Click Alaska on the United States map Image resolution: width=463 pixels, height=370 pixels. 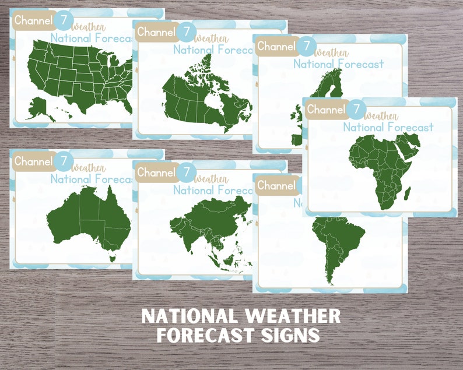[38, 107]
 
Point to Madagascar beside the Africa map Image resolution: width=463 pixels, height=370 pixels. [406, 188]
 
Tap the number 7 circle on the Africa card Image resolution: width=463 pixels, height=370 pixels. [357, 109]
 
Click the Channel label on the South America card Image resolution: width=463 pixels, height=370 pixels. [276, 186]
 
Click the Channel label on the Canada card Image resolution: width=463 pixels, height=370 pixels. [156, 33]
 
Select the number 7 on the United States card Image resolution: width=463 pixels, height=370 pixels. [64, 20]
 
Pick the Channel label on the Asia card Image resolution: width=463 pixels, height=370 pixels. [156, 172]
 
